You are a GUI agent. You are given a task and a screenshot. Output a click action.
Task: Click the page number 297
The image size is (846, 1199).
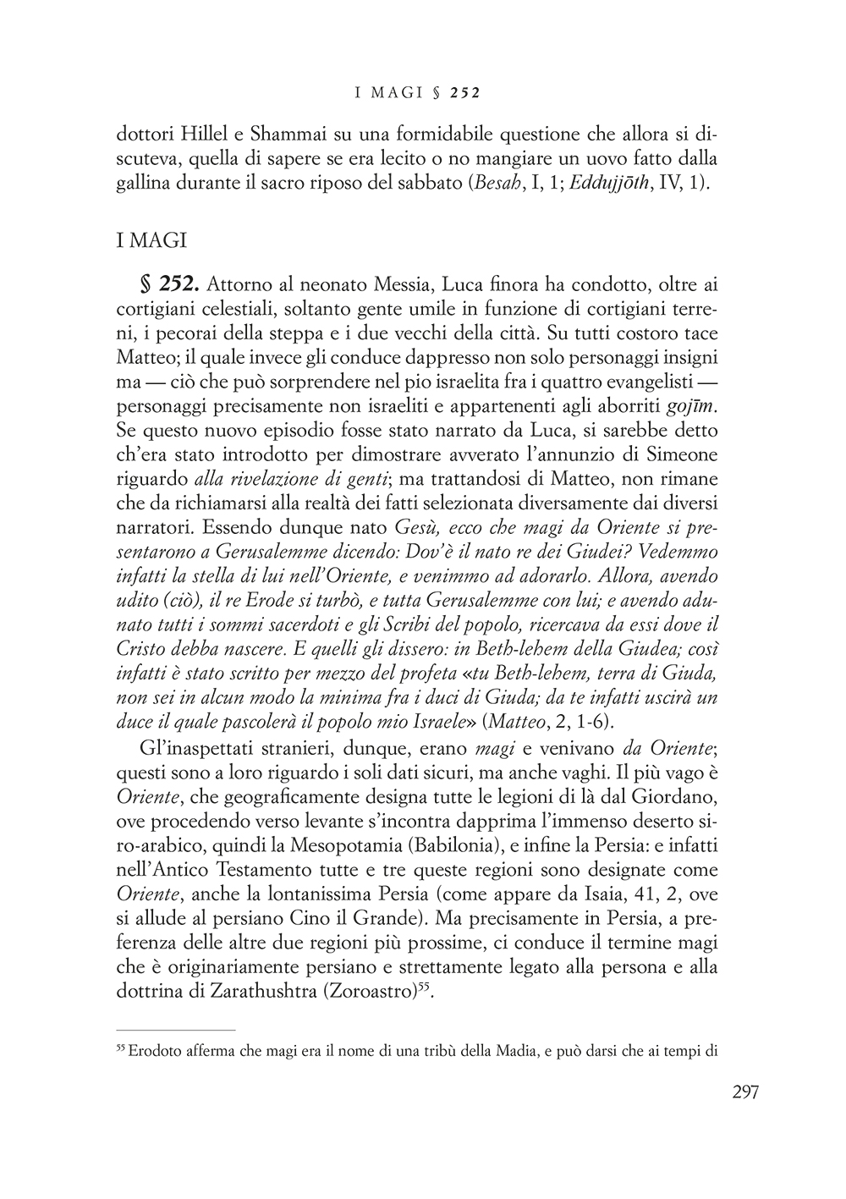click(744, 1092)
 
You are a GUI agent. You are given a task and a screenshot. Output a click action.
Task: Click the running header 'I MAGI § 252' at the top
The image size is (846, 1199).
click(418, 92)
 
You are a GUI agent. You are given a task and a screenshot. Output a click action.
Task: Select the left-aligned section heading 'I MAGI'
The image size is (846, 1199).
click(151, 240)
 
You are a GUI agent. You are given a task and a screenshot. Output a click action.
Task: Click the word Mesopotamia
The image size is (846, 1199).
click(322, 846)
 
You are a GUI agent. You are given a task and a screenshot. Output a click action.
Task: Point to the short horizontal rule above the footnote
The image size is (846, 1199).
click(175, 1030)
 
